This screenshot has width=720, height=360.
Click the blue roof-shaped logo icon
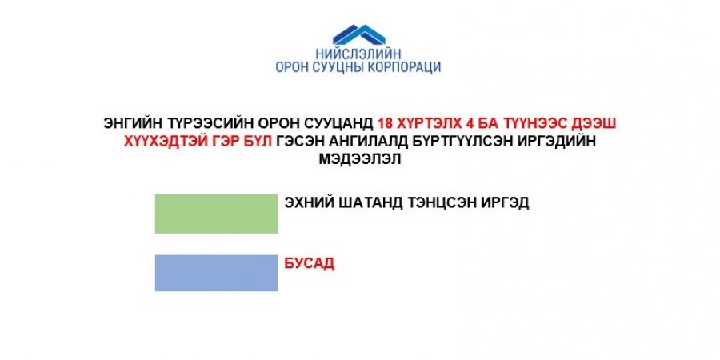pyautogui.click(x=359, y=35)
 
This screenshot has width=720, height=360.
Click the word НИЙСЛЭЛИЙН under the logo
pyautogui.click(x=358, y=54)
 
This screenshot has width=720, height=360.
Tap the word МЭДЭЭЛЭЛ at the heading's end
pyautogui.click(x=360, y=159)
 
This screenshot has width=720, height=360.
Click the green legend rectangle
pyautogui.click(x=216, y=214)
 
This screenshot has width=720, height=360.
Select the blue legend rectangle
pyautogui.click(x=216, y=273)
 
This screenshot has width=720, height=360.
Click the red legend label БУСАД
pyautogui.click(x=310, y=263)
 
